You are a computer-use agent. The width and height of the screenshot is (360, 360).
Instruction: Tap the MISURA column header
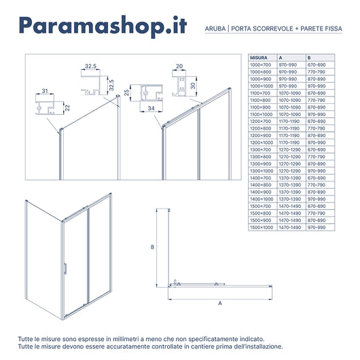coord(258,58)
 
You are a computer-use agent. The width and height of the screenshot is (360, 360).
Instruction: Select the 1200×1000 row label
coord(261,143)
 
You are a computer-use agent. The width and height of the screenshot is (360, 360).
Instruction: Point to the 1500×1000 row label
coord(261,228)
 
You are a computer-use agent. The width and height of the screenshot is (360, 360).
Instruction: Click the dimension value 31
coord(44,90)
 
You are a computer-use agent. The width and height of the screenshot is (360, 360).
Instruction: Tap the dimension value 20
coord(179,67)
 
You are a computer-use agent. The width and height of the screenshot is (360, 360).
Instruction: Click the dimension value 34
coord(149,107)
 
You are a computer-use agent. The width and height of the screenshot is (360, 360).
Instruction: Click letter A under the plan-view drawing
coord(220,304)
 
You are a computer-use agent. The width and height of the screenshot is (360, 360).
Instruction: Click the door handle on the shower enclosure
coord(66,268)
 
